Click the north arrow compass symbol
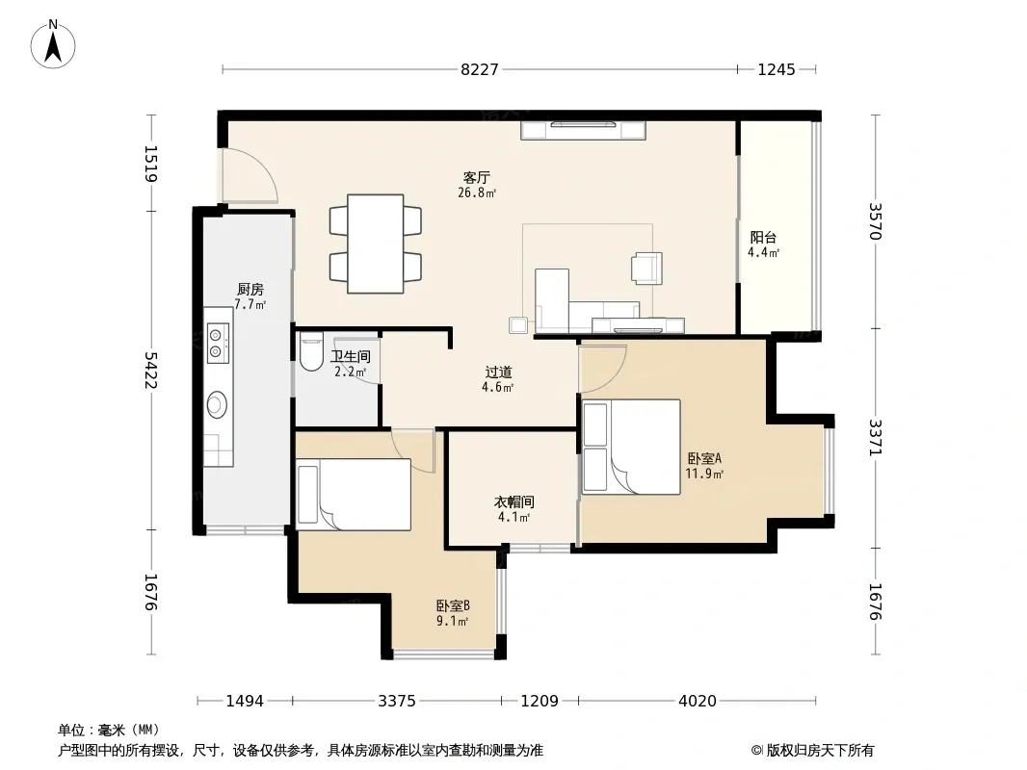click(53, 44)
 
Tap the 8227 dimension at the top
click(480, 69)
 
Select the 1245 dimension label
click(777, 69)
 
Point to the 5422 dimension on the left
click(151, 371)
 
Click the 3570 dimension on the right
click(876, 221)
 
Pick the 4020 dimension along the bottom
click(698, 702)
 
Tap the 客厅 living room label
click(477, 177)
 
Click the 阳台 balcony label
click(764, 237)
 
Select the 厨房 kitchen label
click(250, 289)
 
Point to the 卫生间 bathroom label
click(351, 356)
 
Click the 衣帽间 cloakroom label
click(514, 501)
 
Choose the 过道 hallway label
click(498, 372)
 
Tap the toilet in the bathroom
click(310, 351)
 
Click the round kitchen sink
click(218, 404)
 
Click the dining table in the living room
click(376, 244)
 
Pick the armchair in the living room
click(646, 269)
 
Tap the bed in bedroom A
click(631, 447)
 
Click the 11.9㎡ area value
click(705, 474)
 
